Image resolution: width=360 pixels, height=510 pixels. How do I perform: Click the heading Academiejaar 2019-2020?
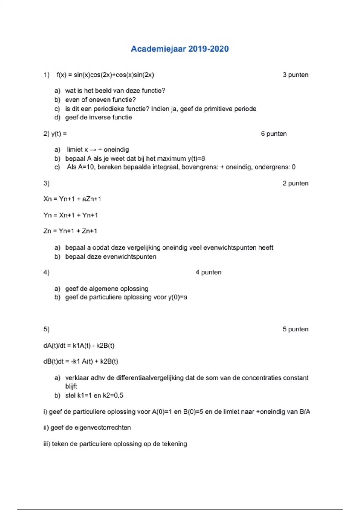point(180,49)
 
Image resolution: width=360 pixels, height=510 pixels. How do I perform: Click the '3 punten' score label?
point(295,75)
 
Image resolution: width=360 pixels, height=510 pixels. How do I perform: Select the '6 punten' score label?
point(274,134)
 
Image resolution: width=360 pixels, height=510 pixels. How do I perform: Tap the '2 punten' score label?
point(295,183)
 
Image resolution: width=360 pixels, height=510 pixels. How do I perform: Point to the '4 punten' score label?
point(208,272)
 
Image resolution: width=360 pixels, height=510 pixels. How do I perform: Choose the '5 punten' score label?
point(295,329)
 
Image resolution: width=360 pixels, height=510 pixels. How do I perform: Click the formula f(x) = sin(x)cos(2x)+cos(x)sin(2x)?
point(105,75)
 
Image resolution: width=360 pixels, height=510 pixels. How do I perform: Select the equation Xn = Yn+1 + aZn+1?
point(72,199)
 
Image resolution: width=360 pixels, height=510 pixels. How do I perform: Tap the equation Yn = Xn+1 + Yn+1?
point(71,215)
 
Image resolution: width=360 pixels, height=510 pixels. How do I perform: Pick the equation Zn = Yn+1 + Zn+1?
point(70,231)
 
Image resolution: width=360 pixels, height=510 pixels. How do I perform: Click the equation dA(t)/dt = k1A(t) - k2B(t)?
point(79,346)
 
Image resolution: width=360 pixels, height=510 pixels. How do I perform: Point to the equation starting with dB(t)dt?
point(81,361)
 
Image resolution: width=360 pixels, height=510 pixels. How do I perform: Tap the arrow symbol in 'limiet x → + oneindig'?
point(93,150)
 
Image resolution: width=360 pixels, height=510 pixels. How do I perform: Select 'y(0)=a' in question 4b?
point(178,297)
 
